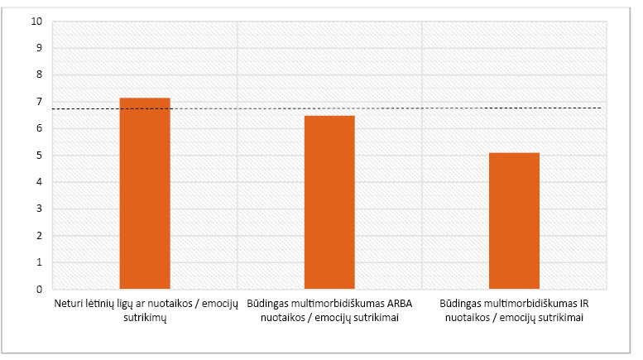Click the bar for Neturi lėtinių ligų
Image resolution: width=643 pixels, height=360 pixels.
[x=145, y=194]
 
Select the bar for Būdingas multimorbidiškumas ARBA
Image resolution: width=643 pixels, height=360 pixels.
[x=329, y=203]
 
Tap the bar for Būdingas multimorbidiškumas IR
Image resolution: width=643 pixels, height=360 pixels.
[x=514, y=221]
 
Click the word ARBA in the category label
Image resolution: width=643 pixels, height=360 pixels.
[x=399, y=303]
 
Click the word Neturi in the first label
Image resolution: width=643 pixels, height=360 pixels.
[x=70, y=303]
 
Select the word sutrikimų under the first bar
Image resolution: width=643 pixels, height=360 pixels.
[x=145, y=316]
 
